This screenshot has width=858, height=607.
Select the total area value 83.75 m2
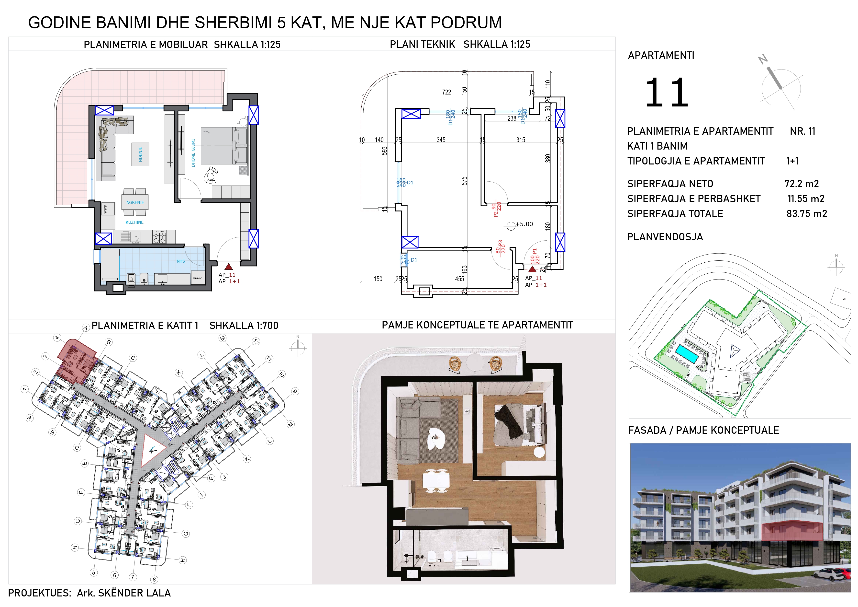tap(806, 214)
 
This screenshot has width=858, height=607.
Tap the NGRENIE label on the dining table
tap(135, 203)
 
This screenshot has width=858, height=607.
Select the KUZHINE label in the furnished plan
tap(134, 222)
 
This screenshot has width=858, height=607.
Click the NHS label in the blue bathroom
tap(181, 261)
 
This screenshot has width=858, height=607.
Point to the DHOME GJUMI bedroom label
tap(193, 153)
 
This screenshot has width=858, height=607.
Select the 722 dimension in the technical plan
tap(446, 92)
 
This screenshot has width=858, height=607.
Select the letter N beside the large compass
tap(763, 59)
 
